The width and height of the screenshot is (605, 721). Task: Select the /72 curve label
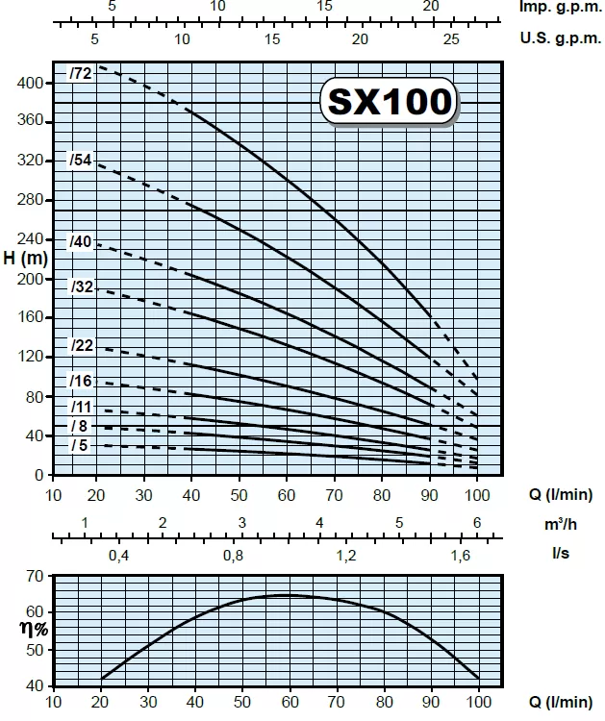point(80,74)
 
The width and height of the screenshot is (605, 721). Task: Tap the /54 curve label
point(81,161)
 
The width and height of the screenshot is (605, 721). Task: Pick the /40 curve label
point(81,242)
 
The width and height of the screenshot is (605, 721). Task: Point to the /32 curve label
point(81,286)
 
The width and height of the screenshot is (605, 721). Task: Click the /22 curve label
point(81,346)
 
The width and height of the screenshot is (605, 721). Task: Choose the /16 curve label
point(81,382)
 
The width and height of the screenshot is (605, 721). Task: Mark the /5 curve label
point(79,445)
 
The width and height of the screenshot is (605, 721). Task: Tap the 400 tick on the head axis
point(31,84)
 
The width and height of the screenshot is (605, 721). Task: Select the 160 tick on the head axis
point(31,318)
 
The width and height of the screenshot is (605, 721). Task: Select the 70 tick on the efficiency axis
point(36,576)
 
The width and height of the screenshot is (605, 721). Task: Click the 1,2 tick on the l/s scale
point(346,557)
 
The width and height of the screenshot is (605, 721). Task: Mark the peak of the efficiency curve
point(285,595)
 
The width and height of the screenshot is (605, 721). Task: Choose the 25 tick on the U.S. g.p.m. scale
point(451,39)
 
